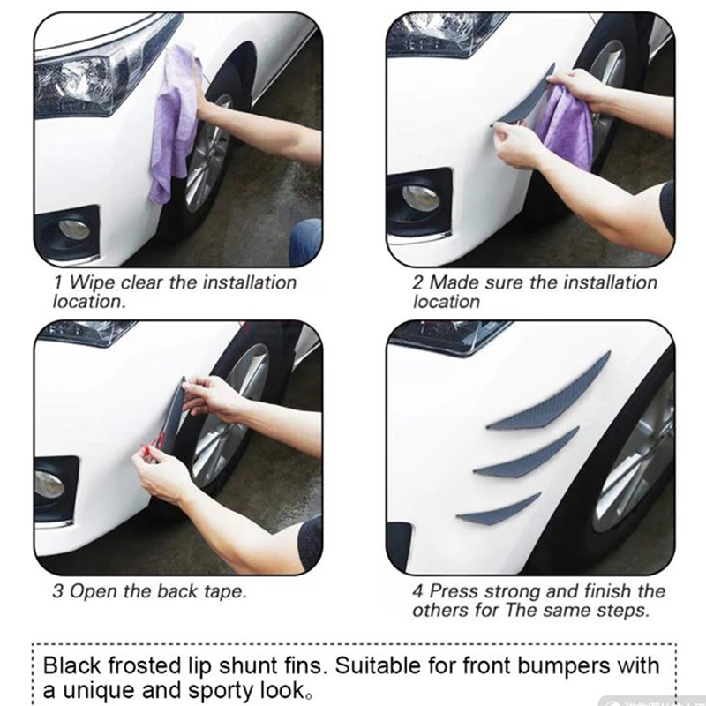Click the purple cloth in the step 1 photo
173,126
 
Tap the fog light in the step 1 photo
74,229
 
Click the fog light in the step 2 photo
421,198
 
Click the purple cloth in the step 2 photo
568,128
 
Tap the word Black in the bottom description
72,665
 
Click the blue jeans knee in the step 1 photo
305,241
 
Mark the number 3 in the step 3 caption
57,591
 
